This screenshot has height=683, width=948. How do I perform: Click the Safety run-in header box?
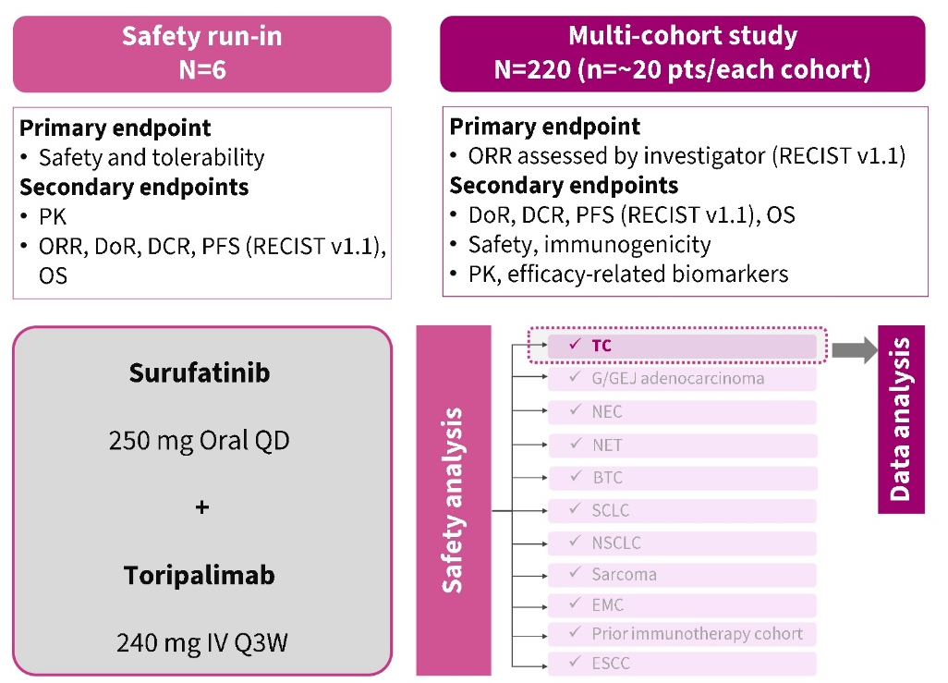201,54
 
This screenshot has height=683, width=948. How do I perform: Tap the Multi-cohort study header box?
682,54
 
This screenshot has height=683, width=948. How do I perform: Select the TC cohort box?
682,346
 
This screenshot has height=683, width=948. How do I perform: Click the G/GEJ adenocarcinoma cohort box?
682,379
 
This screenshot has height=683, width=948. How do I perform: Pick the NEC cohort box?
682,412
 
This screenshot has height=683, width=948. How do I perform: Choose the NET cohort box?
682,445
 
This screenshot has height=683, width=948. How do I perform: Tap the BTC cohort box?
682,478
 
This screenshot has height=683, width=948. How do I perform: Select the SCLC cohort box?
682,511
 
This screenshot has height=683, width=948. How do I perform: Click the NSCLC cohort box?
682,543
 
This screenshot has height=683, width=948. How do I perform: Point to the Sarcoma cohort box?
682,575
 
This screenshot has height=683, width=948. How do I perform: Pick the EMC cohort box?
682,605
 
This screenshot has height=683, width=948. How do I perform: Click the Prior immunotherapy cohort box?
682,634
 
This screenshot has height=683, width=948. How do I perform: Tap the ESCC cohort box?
682,663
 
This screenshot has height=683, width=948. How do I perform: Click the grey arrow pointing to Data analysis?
852,349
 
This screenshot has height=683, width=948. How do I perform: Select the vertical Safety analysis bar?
453,500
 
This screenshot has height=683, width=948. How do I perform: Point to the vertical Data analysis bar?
901,420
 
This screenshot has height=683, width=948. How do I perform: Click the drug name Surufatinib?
201,374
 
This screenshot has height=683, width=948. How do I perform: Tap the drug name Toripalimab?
201,575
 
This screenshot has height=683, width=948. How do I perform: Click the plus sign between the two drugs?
202,507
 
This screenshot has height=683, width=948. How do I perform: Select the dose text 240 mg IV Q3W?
201,642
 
